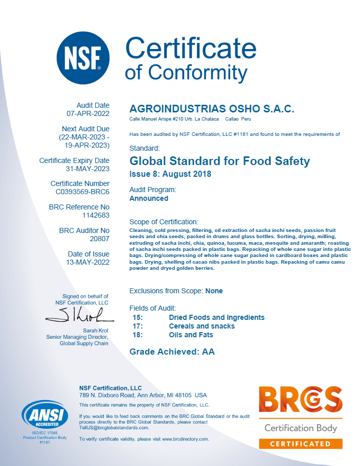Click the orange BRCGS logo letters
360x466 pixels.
point(300,402)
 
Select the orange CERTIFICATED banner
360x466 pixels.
point(300,444)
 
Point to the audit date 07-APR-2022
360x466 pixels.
point(88,113)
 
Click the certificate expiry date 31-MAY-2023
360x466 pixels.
point(88,169)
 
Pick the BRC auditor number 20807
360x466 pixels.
point(98,239)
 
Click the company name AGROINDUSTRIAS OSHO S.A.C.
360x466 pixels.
point(212,109)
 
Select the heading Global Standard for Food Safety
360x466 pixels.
point(220,161)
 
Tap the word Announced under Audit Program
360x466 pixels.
point(149,198)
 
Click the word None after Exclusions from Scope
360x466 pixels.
point(214,291)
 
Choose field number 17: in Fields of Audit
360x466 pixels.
point(137,326)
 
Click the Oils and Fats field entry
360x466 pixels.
point(191,335)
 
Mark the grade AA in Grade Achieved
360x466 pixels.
point(209,352)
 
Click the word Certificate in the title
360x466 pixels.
point(191,49)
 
